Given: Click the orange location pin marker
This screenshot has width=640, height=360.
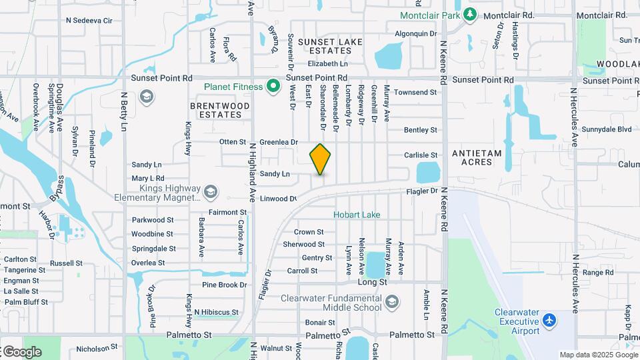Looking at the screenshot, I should click(321, 159).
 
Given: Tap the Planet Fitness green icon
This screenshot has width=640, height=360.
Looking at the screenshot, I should click(273, 86).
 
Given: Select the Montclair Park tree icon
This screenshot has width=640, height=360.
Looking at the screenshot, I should click(470, 14).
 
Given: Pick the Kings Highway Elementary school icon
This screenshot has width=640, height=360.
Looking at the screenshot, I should click(211, 192).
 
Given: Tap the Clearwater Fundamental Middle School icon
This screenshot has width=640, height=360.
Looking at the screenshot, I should click(392, 302).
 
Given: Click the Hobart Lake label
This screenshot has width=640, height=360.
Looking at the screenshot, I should click(357, 215).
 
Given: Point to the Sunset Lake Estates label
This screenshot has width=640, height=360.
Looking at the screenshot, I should click(331, 46).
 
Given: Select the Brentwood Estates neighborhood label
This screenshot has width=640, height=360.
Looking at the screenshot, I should click(220, 110).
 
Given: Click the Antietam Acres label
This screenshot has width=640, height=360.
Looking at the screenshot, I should click(477, 158).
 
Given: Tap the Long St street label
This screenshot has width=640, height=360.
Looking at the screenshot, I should click(373, 282).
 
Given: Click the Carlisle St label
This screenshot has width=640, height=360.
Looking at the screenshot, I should click(421, 155).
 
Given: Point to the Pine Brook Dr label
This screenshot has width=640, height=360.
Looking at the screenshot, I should click(225, 285).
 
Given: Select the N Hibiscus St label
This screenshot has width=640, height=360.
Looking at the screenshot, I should click(216, 312).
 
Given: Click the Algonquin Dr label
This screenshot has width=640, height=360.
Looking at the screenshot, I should click(415, 33).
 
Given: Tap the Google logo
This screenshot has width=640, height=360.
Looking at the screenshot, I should click(21, 351).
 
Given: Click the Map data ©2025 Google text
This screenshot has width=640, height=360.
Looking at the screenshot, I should click(599, 355).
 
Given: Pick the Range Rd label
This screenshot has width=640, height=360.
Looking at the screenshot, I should click(593, 273).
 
